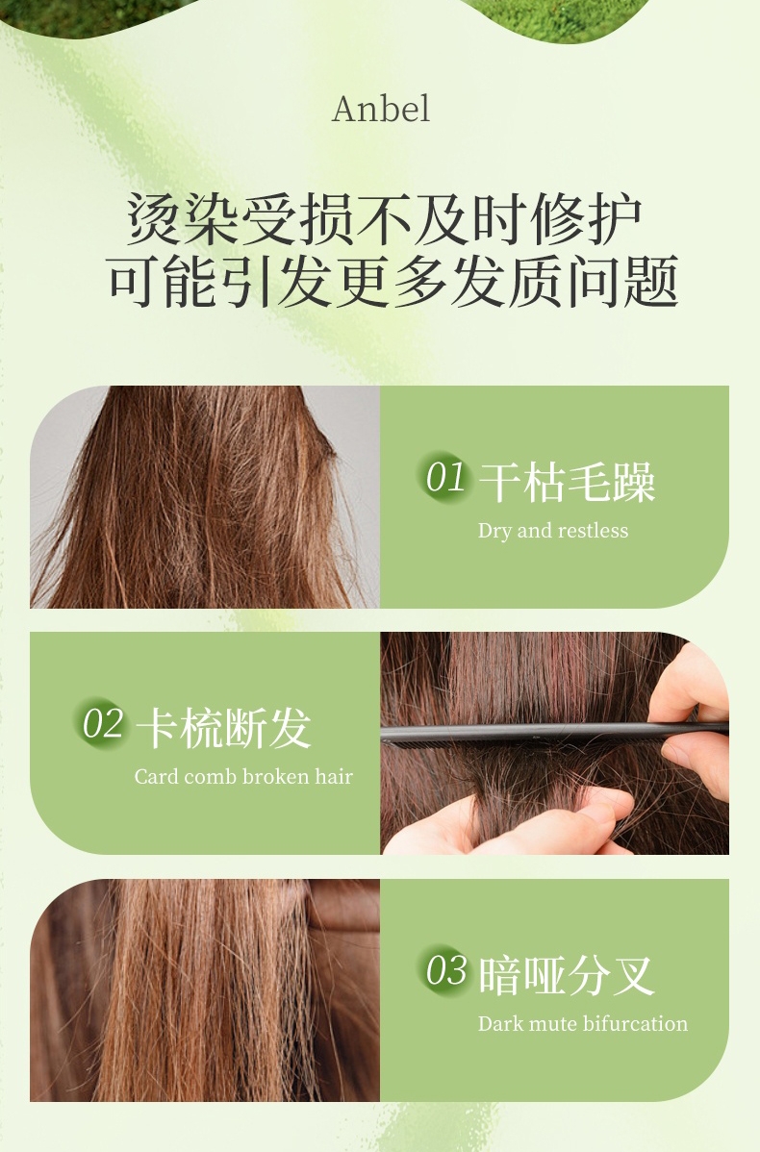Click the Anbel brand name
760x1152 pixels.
[381, 109]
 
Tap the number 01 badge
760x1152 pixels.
[443, 477]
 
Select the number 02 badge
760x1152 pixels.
[100, 723]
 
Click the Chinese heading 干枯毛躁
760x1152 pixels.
[567, 483]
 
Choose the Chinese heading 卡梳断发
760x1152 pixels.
[223, 728]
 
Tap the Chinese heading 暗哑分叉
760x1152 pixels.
[566, 976]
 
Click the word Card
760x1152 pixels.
[156, 777]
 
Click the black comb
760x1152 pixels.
[554, 734]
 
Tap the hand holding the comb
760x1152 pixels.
[691, 716]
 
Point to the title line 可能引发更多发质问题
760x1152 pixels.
[393, 282]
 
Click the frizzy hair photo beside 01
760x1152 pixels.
[205, 496]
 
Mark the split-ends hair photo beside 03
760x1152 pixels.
[205, 989]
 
